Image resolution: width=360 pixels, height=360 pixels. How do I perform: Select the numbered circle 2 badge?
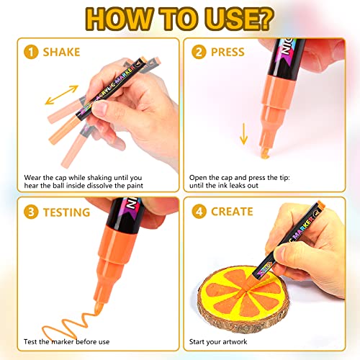coord(197,53)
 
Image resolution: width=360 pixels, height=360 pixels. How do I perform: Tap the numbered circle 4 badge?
coord(197,212)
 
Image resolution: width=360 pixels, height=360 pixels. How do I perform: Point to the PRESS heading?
coord(228,53)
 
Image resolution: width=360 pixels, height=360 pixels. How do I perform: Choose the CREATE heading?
coord(232,212)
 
